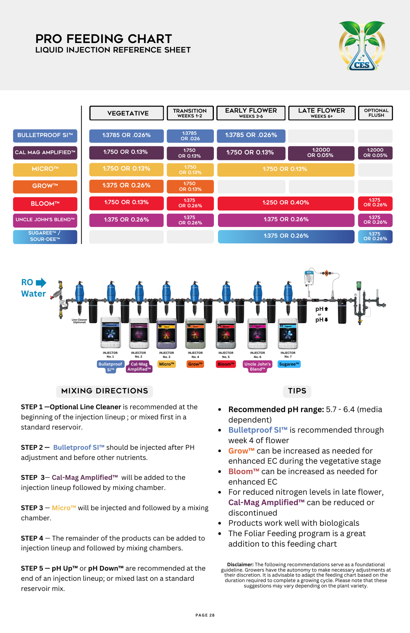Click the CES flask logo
[x=362, y=46]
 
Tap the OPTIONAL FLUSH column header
[x=375, y=113]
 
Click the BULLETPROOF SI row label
[x=45, y=135]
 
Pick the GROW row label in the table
[x=45, y=186]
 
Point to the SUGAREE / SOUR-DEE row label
[x=45, y=236]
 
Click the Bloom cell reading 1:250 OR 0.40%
[x=286, y=203]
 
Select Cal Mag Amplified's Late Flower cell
[x=321, y=153]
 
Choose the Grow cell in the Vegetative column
[x=126, y=186]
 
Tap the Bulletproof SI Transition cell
[x=190, y=136]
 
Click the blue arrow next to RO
[x=41, y=283]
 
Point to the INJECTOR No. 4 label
[x=195, y=355]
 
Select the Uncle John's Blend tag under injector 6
[x=258, y=366]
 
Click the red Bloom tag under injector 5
[x=226, y=364]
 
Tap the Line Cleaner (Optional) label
[x=79, y=321]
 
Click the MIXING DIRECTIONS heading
[x=105, y=391]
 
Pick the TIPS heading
[x=297, y=391]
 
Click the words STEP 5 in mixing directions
[x=32, y=569]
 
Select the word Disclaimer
[x=240, y=565]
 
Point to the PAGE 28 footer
[x=205, y=615]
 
